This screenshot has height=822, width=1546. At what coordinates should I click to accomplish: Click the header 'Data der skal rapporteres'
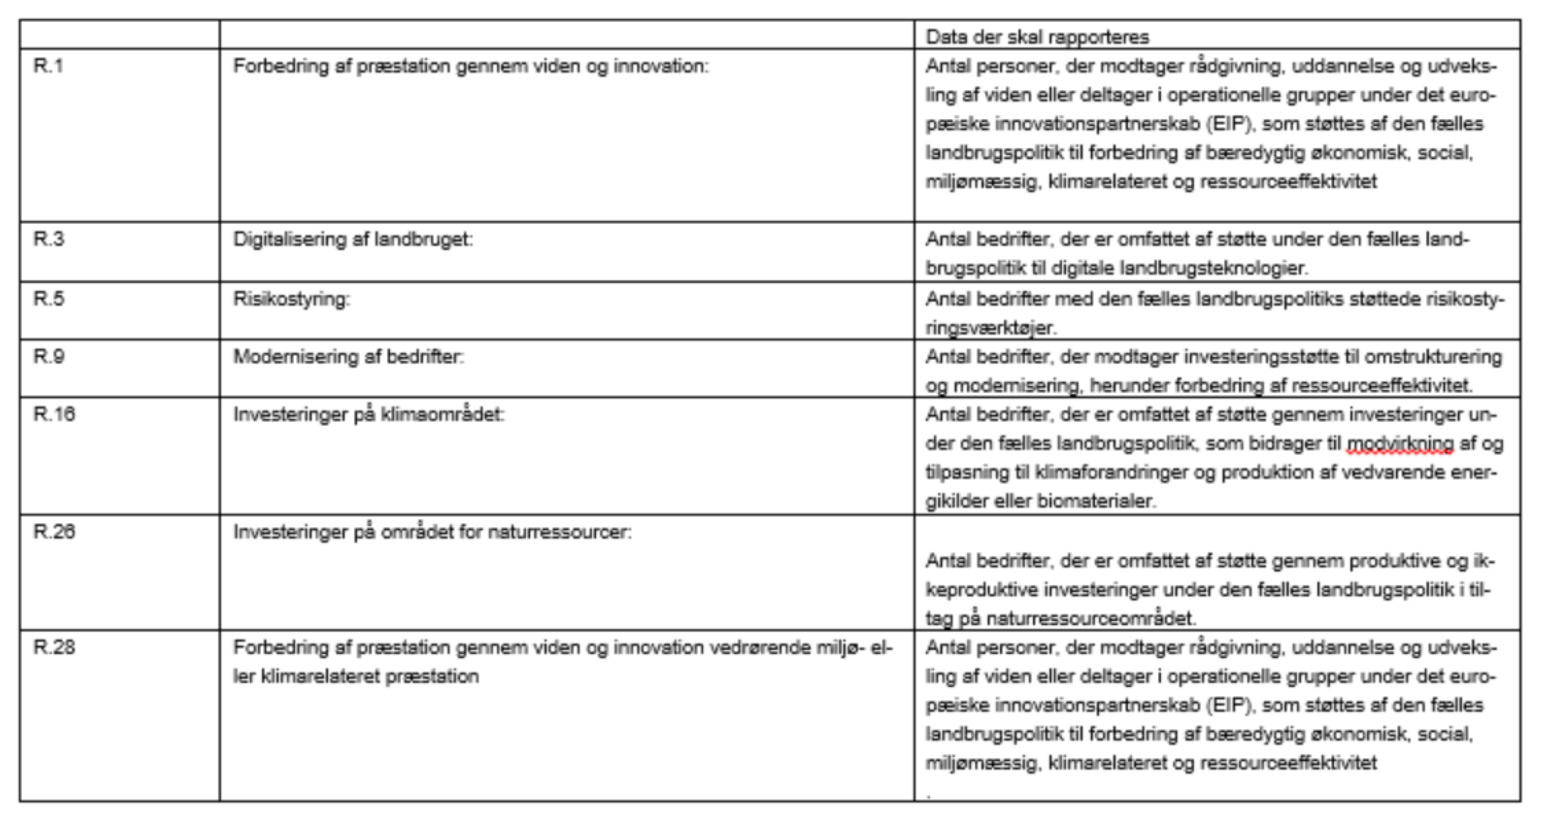(x=1037, y=36)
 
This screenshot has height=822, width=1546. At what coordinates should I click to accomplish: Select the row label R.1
(x=48, y=66)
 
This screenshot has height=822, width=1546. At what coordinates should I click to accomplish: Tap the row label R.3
(x=48, y=239)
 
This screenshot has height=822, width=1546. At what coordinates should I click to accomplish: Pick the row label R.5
(x=48, y=299)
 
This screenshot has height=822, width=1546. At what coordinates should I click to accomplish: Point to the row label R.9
(x=48, y=357)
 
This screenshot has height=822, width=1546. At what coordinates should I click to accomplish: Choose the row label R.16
(x=53, y=415)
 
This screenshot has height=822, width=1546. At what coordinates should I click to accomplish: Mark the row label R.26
(x=53, y=532)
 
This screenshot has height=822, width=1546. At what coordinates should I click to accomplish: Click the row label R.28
(x=53, y=647)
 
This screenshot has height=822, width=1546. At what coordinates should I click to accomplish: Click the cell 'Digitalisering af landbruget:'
(x=353, y=239)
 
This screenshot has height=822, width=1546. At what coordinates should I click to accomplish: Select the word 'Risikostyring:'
(x=291, y=299)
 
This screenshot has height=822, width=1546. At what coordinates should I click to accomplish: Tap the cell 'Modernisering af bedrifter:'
(x=348, y=357)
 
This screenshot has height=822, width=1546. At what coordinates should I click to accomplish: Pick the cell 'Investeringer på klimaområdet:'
(x=368, y=415)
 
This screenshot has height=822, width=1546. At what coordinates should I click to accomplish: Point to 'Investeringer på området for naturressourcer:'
(x=432, y=532)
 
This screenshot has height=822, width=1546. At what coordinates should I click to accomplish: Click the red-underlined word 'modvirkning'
(x=1400, y=444)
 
